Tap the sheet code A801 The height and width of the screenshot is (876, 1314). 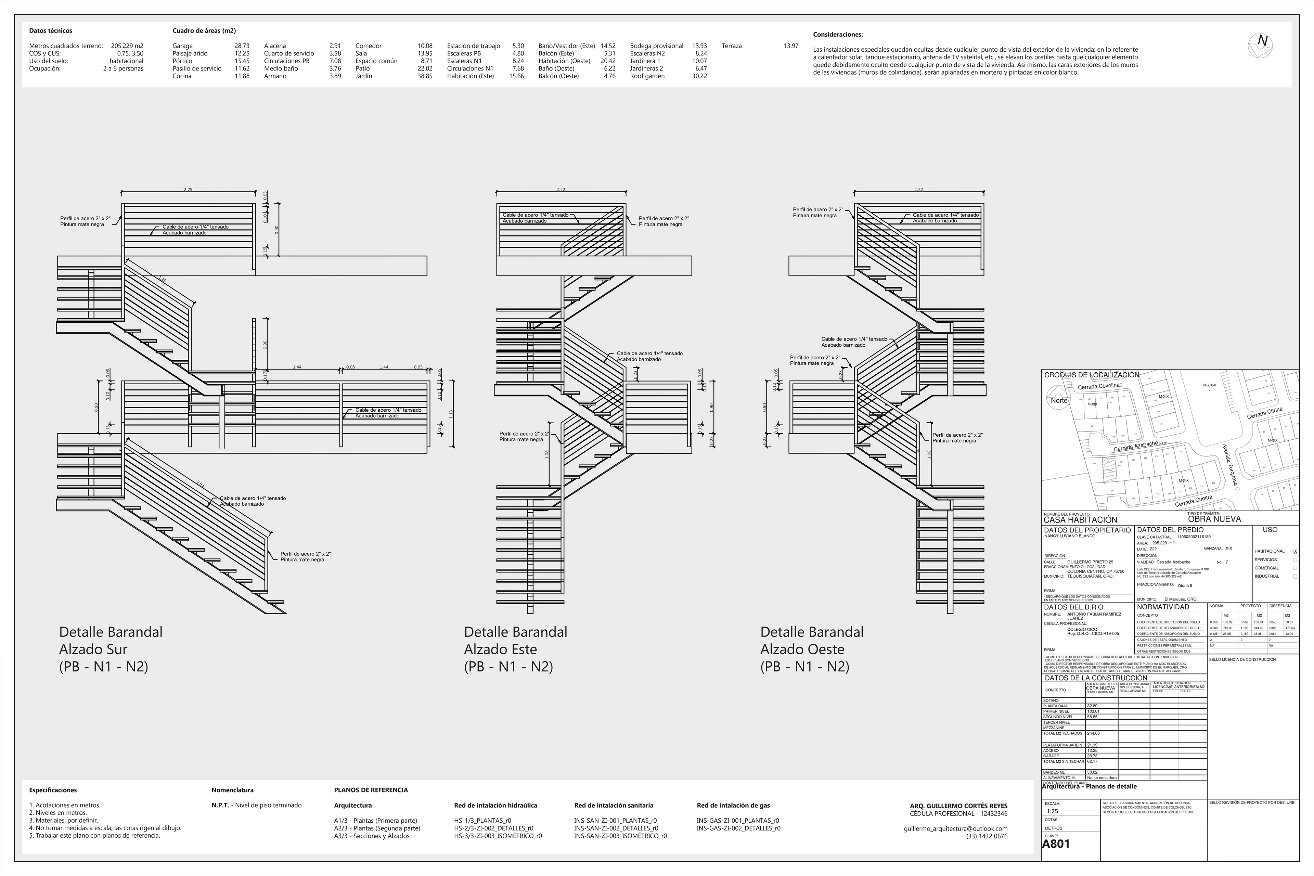[1056, 843]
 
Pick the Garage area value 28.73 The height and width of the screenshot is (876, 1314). [242, 46]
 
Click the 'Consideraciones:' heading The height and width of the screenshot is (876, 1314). [838, 35]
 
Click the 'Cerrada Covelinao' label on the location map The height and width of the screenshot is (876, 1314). [1099, 386]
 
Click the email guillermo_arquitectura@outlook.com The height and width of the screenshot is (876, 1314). [955, 828]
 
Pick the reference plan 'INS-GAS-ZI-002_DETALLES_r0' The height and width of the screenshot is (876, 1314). [738, 828]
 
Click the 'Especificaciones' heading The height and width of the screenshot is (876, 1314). [53, 790]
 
